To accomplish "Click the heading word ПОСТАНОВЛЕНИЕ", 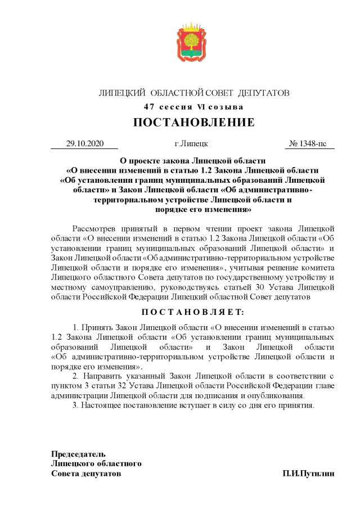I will point(193,123).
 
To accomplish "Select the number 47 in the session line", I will point(149,107).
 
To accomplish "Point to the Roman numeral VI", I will point(201,107).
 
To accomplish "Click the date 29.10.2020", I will point(84,143).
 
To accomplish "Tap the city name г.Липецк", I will point(192,143).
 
